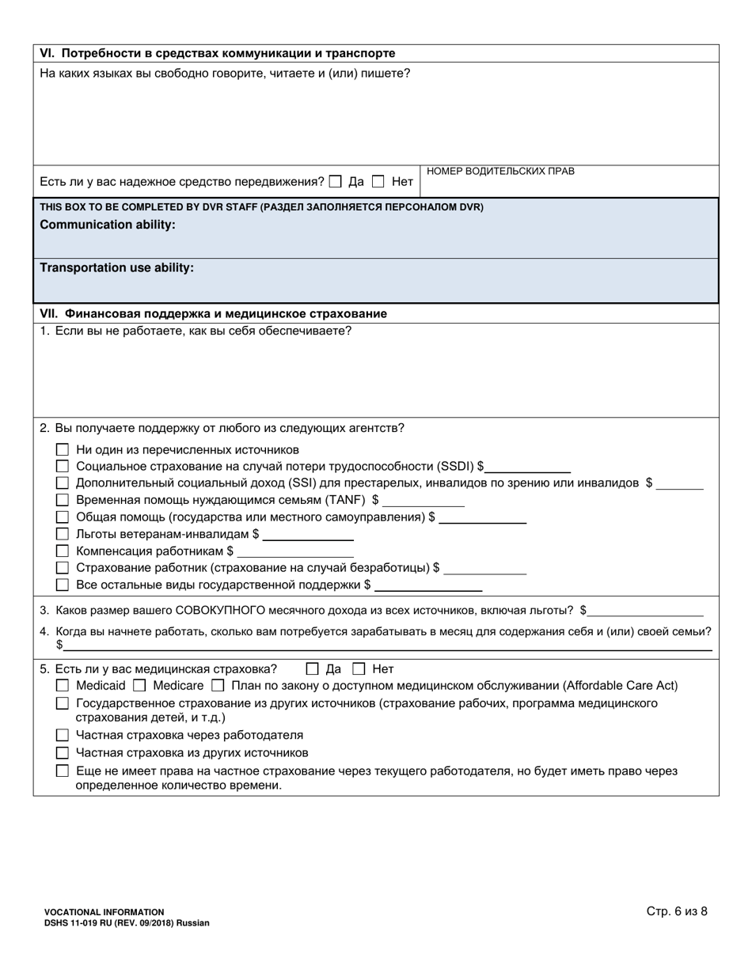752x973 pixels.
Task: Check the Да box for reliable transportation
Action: [x=336, y=181]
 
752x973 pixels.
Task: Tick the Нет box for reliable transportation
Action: [x=378, y=181]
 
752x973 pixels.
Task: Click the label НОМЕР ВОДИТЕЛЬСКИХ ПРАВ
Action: [x=500, y=171]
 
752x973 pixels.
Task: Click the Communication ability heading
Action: [x=108, y=225]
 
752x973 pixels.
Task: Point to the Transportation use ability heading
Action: [x=116, y=267]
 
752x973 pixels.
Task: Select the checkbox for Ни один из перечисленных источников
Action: [x=63, y=449]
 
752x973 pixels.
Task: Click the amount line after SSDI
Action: [x=527, y=468]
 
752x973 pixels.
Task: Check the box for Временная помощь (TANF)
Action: [x=63, y=500]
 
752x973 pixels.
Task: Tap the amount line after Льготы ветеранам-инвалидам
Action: [x=308, y=535]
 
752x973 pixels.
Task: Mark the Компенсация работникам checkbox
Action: [x=63, y=551]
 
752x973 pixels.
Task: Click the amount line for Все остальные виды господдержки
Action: [x=428, y=586]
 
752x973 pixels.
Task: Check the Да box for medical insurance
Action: [x=312, y=668]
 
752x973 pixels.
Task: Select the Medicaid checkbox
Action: [x=63, y=685]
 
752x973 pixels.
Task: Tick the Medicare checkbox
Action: [x=139, y=685]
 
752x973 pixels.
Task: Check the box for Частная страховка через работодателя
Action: [x=63, y=735]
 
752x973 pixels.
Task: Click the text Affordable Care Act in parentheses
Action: [x=620, y=685]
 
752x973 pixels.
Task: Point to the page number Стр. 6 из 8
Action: [x=677, y=911]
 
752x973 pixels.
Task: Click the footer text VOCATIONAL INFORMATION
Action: [x=104, y=912]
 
